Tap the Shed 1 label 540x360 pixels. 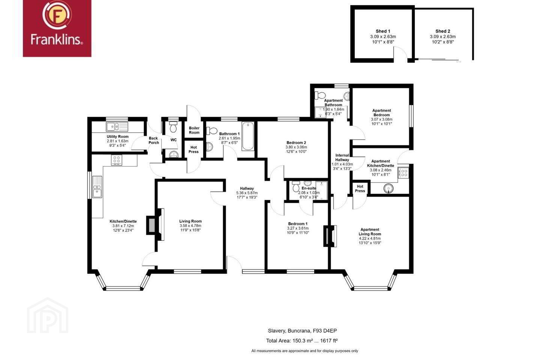click(383, 31)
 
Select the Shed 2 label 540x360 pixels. click(442, 31)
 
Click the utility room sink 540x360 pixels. click(117, 127)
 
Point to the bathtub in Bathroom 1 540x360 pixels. click(248, 136)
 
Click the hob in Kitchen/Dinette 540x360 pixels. click(117, 160)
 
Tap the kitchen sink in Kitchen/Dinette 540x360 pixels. click(97, 187)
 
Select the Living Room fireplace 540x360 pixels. click(156, 225)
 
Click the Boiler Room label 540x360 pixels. click(194, 130)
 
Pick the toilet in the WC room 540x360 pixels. click(173, 127)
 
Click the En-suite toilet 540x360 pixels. click(296, 186)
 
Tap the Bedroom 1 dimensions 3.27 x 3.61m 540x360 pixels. click(298, 228)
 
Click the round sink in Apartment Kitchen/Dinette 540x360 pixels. click(388, 188)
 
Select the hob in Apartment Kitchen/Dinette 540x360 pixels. click(404, 173)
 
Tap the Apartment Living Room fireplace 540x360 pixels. click(330, 236)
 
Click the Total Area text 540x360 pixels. click(302, 341)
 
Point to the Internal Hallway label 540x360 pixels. click(342, 157)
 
